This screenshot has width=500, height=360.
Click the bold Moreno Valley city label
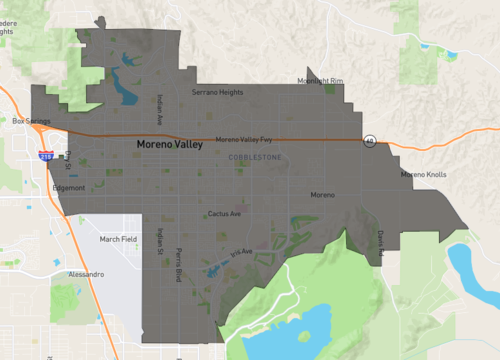170,145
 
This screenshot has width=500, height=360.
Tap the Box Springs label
31,121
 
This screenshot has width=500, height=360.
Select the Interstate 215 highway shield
45,157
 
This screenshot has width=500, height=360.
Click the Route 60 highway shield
369,140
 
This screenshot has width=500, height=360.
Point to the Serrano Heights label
217,92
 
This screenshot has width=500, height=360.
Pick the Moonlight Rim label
320,81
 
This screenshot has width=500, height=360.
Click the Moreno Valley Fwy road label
243,139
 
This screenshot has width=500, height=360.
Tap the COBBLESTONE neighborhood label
255,158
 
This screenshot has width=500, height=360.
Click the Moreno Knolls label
422,175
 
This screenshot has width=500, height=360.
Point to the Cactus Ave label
225,213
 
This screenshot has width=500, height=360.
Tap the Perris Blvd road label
178,262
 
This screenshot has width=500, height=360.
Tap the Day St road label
67,160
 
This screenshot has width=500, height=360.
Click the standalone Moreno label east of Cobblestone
322,194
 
